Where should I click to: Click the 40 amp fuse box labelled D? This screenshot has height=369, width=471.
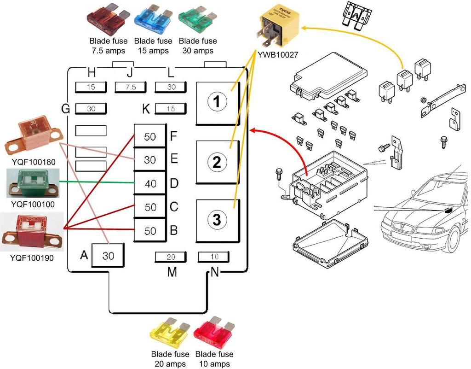point(150,184)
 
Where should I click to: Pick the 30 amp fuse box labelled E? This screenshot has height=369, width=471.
point(150,160)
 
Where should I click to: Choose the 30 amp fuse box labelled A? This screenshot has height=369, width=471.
point(108,255)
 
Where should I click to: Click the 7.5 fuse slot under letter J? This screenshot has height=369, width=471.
point(130,87)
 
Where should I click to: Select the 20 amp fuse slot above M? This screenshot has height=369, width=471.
point(171,257)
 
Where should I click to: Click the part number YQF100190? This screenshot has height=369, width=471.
point(32,258)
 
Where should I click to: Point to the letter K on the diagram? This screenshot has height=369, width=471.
point(146,109)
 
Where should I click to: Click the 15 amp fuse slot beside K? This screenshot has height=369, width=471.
point(171,109)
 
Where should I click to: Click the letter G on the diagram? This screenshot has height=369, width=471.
point(66,109)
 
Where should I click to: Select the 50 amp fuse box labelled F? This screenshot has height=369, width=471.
point(150,136)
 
